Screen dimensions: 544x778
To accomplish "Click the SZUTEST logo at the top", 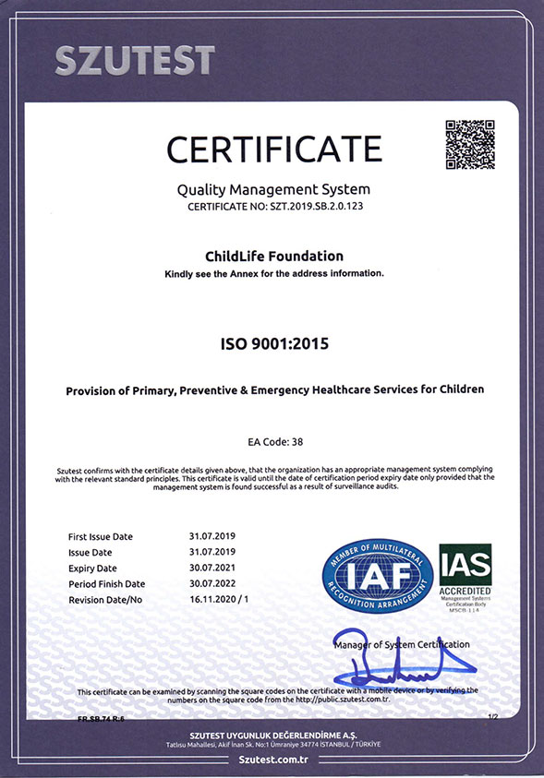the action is point(135,61).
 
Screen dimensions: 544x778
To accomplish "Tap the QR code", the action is point(470,144).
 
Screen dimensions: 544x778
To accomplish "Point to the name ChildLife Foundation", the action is point(272,256).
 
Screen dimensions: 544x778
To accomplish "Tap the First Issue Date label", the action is point(100,536).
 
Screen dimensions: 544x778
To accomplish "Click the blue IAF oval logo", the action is point(378,576).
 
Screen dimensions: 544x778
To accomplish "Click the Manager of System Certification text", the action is point(402,644).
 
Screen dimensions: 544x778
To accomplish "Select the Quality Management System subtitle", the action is point(272,190).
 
